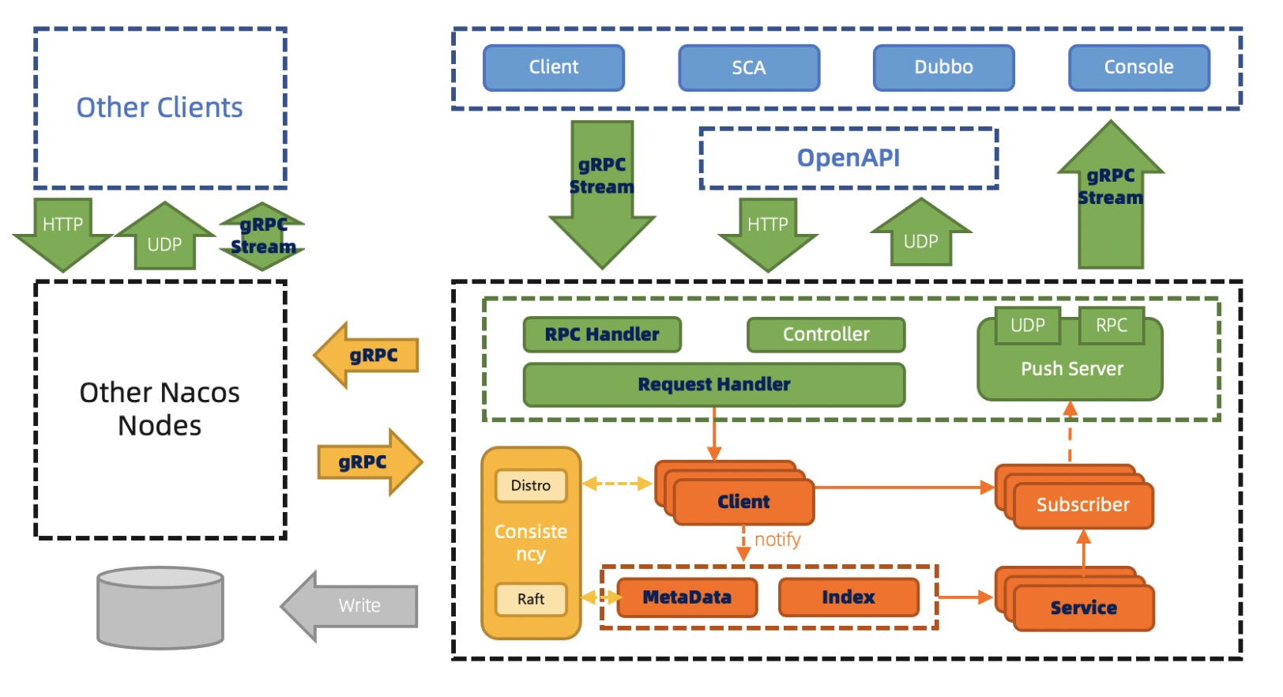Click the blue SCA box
pyautogui.click(x=748, y=68)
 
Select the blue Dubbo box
pyautogui.click(x=943, y=68)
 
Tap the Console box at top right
pyautogui.click(x=1138, y=68)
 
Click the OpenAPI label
pyautogui.click(x=848, y=158)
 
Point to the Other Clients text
pyautogui.click(x=160, y=107)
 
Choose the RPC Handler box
pyautogui.click(x=601, y=334)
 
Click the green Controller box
pyautogui.click(x=826, y=334)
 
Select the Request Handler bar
pyautogui.click(x=713, y=384)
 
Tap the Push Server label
pyautogui.click(x=1071, y=369)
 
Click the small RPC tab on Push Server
pyautogui.click(x=1111, y=326)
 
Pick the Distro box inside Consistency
pyautogui.click(x=530, y=485)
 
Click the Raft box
pyautogui.click(x=530, y=599)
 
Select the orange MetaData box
pyautogui.click(x=687, y=597)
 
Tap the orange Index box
pyautogui.click(x=848, y=597)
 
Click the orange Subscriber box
pyautogui.click(x=1082, y=505)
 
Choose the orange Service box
pyautogui.click(x=1083, y=608)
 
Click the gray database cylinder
pyautogui.click(x=160, y=608)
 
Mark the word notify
pyautogui.click(x=777, y=540)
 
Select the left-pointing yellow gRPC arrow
pyautogui.click(x=368, y=356)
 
